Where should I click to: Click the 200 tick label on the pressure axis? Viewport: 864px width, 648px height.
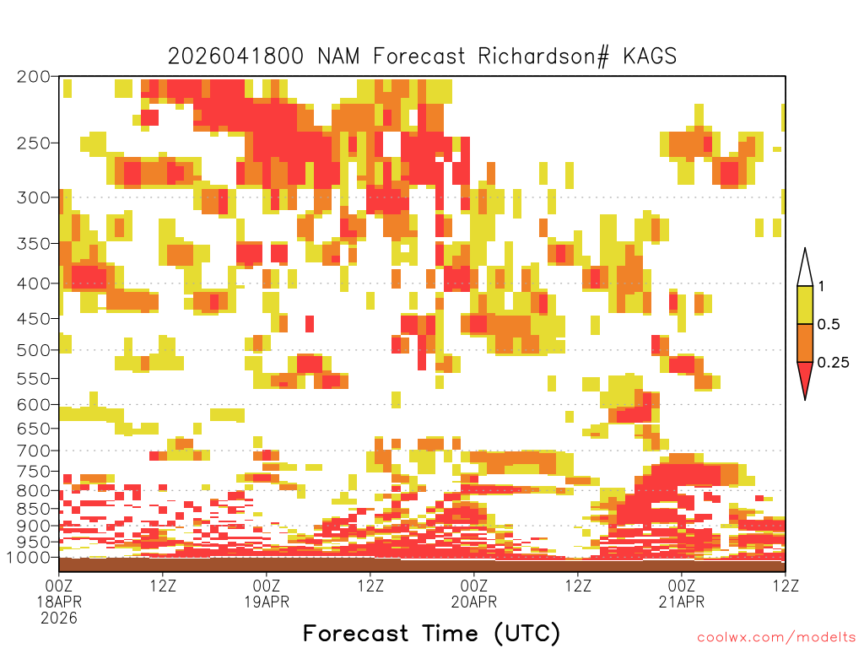click(34, 77)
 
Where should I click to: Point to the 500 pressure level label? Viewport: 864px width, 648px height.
click(34, 350)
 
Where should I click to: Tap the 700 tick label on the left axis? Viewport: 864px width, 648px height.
click(34, 451)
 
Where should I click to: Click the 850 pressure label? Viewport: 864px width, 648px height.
click(34, 509)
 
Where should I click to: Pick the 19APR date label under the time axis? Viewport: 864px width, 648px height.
click(267, 602)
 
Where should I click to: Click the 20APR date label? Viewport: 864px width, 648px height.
click(474, 602)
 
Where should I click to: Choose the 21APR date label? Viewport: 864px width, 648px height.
click(682, 602)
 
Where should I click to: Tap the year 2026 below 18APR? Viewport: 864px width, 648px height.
click(59, 618)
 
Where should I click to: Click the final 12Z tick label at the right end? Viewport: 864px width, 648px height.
click(786, 586)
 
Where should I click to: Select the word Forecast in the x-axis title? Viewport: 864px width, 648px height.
click(356, 633)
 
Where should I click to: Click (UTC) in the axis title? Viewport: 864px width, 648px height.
click(527, 634)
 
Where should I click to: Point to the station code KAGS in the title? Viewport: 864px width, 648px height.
click(650, 57)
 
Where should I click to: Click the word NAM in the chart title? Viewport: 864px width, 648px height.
click(339, 57)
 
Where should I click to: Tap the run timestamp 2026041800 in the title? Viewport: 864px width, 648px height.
click(235, 57)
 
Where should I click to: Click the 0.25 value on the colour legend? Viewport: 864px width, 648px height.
click(833, 363)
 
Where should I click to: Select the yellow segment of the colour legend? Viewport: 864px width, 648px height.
click(805, 305)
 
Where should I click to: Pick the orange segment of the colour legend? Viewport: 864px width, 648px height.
click(805, 343)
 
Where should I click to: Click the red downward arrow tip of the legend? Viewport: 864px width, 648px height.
click(805, 399)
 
